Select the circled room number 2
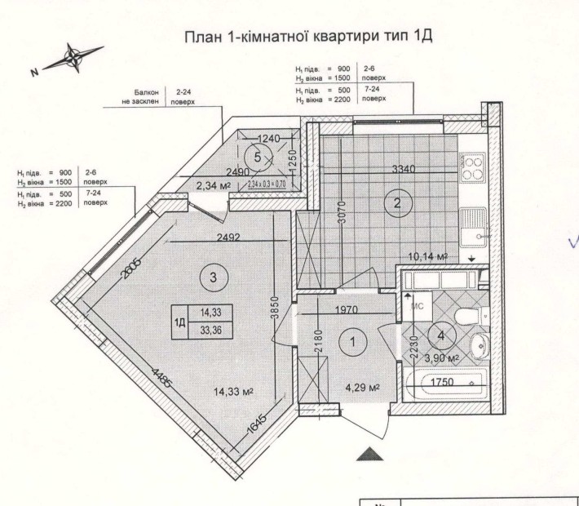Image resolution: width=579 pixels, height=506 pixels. tap(397, 204)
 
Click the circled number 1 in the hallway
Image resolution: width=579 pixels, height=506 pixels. tap(353, 343)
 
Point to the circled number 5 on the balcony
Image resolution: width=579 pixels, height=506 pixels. tap(258, 155)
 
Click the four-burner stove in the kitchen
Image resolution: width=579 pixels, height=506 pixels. tap(472, 168)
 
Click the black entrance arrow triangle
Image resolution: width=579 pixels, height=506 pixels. tap(369, 453)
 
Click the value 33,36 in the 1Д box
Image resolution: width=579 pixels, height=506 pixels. tap(211, 329)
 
